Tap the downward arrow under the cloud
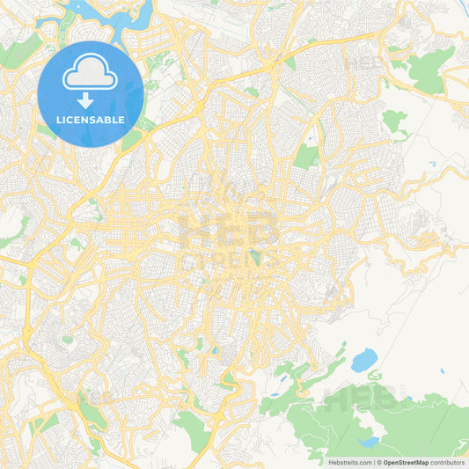click(x=85, y=101)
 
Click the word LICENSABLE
click(x=90, y=119)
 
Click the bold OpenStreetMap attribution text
click(x=405, y=461)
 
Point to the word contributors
click(x=447, y=461)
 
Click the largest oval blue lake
click(x=363, y=359)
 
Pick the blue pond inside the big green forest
click(x=368, y=442)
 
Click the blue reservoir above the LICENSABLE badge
click(x=110, y=13)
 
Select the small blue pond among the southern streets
click(x=215, y=350)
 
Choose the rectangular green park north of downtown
click(x=305, y=157)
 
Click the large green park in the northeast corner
click(x=429, y=70)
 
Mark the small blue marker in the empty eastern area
click(x=431, y=164)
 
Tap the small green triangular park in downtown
click(x=254, y=257)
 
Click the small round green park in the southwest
click(x=67, y=339)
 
